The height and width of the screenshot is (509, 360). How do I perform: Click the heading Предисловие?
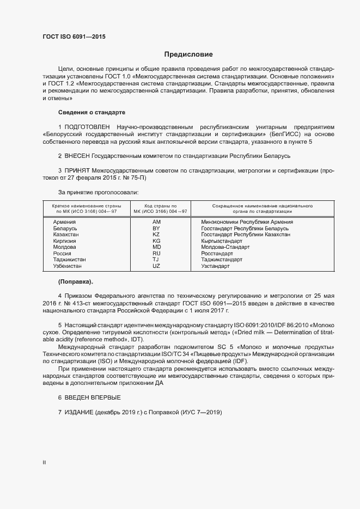[188, 54]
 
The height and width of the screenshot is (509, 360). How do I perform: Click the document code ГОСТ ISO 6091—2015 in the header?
[74, 37]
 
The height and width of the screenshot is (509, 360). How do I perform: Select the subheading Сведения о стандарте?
[91, 112]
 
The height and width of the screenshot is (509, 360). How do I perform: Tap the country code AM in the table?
[156, 222]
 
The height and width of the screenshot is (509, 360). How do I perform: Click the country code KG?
[156, 241]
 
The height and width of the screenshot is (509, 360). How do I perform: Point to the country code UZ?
[156, 266]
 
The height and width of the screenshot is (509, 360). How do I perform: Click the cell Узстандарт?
[215, 266]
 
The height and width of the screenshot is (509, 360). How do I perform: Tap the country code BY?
[156, 228]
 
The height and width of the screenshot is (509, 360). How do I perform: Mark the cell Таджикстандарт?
[222, 260]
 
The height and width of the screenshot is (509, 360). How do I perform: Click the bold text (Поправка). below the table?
[76, 281]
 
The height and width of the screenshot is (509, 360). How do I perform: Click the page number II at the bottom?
[44, 463]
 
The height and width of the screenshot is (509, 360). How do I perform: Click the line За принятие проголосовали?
[98, 192]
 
